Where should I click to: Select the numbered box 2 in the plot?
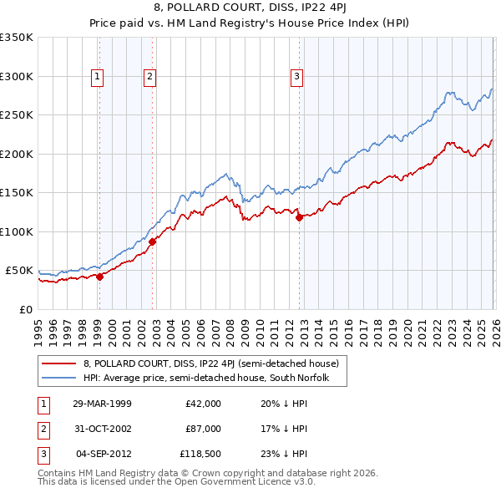[150, 77]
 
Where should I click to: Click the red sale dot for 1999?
[99, 277]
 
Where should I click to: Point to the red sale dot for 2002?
[153, 241]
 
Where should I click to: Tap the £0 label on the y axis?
[25, 309]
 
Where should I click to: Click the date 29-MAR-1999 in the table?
[102, 403]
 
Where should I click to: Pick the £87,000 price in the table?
[203, 429]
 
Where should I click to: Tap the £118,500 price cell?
[200, 455]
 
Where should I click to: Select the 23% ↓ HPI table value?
[279, 455]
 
